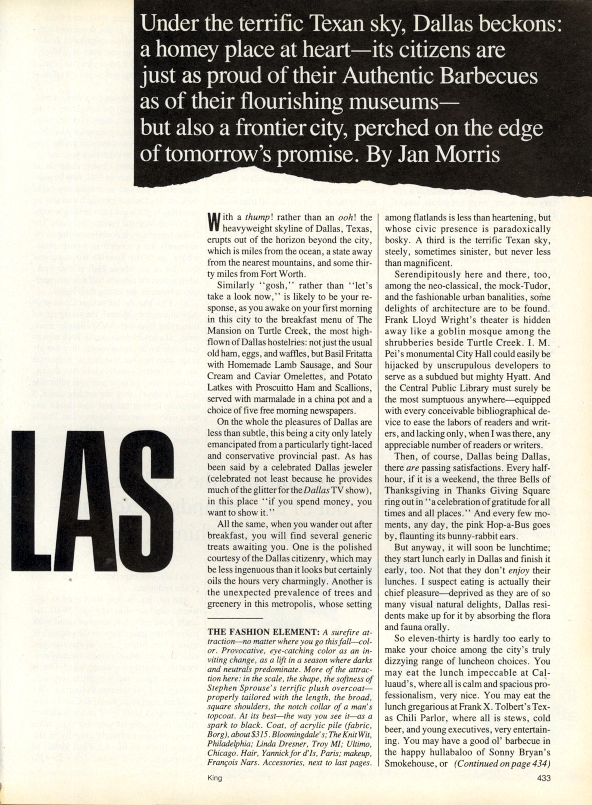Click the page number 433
(543, 778)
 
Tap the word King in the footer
(214, 778)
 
